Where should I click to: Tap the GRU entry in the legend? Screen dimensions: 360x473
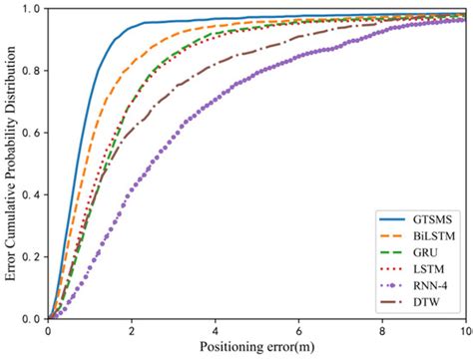point(423,253)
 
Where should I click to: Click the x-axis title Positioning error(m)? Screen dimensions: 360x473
point(257,349)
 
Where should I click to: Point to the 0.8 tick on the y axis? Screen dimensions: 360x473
point(31,71)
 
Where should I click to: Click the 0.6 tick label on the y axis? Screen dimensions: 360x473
point(31,133)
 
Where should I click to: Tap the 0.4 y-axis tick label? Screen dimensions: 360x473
point(31,195)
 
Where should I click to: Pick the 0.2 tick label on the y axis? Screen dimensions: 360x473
point(31,257)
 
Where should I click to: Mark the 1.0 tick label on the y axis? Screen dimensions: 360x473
point(31,9)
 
